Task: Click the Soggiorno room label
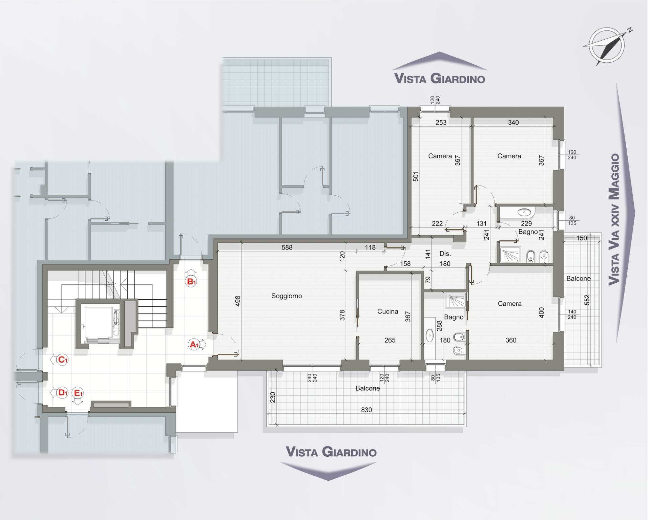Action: [x=287, y=296]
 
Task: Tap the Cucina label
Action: [x=388, y=311]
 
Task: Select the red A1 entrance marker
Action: [x=194, y=345]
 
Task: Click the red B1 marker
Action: [x=191, y=281]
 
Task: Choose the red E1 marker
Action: [x=78, y=393]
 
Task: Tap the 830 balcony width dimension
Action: [x=366, y=410]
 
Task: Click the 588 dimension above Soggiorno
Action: [x=287, y=247]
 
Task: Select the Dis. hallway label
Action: [x=445, y=254]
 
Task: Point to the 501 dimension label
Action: [x=416, y=176]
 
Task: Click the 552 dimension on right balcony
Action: [x=587, y=300]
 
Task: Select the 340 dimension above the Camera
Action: [x=513, y=123]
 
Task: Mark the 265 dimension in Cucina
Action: [x=390, y=340]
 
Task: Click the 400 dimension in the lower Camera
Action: [x=541, y=312]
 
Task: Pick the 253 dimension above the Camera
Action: [x=441, y=123]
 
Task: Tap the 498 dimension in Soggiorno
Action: [x=237, y=301]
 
